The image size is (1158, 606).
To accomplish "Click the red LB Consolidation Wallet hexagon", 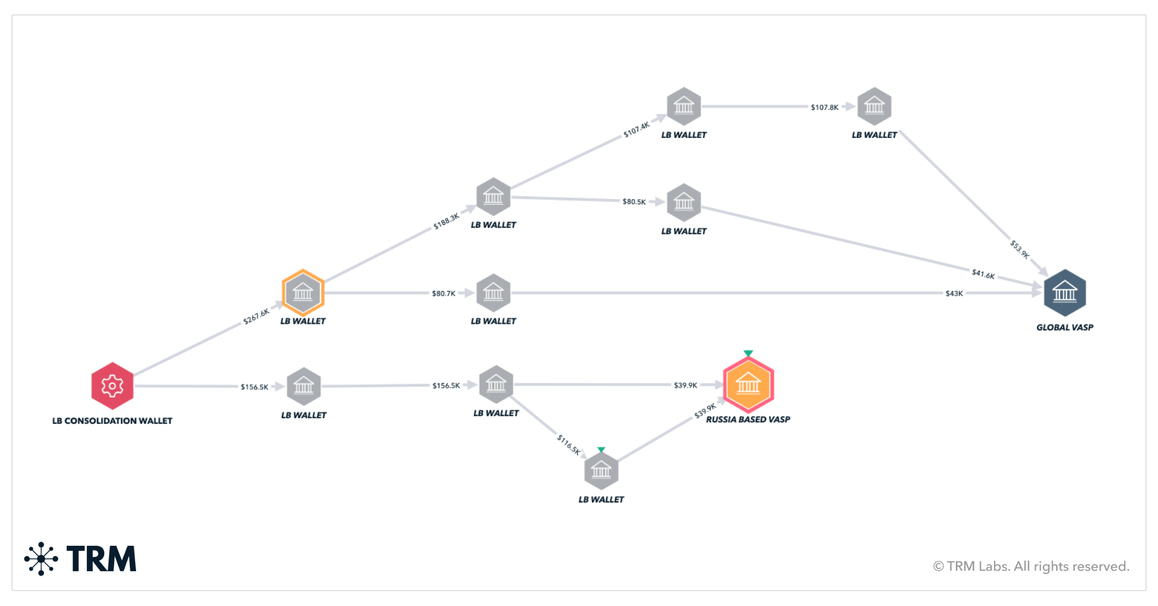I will pyautogui.click(x=112, y=385).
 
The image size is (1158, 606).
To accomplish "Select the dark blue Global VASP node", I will pyautogui.click(x=1064, y=292).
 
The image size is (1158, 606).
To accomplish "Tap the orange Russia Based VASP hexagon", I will pyautogui.click(x=748, y=384).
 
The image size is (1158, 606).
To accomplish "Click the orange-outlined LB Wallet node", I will pyautogui.click(x=303, y=292).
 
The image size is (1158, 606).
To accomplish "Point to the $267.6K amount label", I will pyautogui.click(x=256, y=316).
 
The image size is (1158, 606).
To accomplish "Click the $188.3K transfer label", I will pyautogui.click(x=446, y=221).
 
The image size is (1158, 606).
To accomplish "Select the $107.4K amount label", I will pyautogui.click(x=636, y=130).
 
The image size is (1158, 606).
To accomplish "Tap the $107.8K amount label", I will pyautogui.click(x=824, y=107).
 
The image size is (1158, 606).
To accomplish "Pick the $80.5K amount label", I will pyautogui.click(x=634, y=201).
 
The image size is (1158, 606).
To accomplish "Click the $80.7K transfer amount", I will pyautogui.click(x=443, y=293).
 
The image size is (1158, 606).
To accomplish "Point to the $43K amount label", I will pyautogui.click(x=954, y=293).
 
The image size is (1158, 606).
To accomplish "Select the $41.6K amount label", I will pyautogui.click(x=983, y=274).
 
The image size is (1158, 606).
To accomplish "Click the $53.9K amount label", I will pyautogui.click(x=1020, y=249).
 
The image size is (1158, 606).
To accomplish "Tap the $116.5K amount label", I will pyautogui.click(x=568, y=444).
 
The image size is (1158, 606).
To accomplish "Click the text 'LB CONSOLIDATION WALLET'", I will pyautogui.click(x=112, y=421).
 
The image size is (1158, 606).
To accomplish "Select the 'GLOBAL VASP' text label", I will pyautogui.click(x=1064, y=327).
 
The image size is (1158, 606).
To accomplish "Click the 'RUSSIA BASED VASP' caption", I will pyautogui.click(x=747, y=419).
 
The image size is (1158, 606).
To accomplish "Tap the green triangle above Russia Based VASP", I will pyautogui.click(x=748, y=353).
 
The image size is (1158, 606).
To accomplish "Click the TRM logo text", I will pyautogui.click(x=101, y=559).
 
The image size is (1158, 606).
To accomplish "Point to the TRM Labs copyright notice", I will pyautogui.click(x=1031, y=566).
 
